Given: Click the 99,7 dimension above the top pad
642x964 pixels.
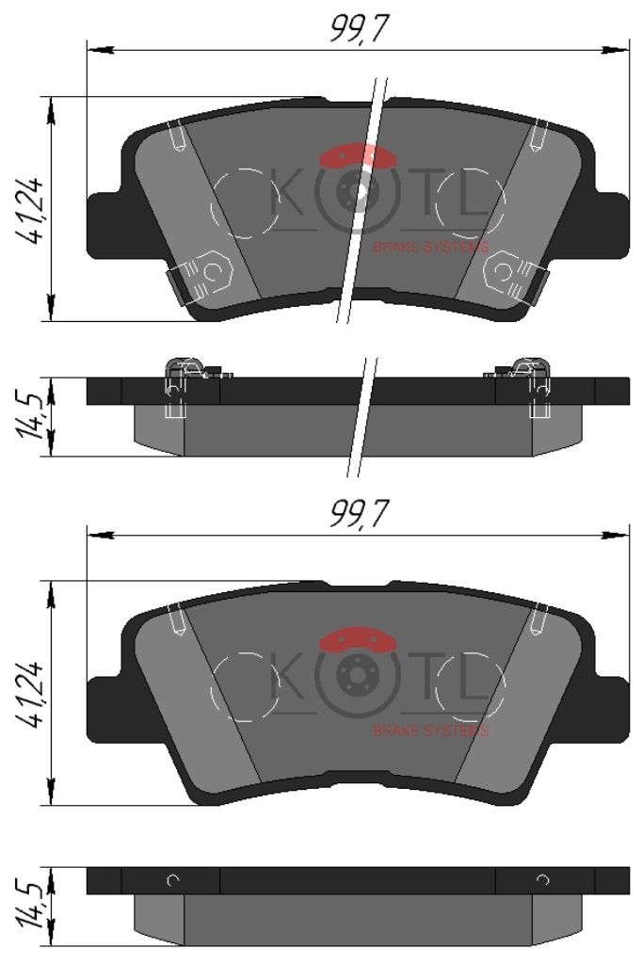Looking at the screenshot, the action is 360,28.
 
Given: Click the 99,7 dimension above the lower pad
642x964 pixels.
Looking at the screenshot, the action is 360,514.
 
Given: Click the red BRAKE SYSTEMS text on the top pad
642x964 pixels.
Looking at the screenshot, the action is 430,248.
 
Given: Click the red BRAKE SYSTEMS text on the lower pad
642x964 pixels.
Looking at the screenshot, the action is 430,731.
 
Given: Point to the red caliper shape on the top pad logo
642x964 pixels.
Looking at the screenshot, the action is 359,155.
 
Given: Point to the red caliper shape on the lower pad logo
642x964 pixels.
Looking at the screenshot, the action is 359,639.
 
